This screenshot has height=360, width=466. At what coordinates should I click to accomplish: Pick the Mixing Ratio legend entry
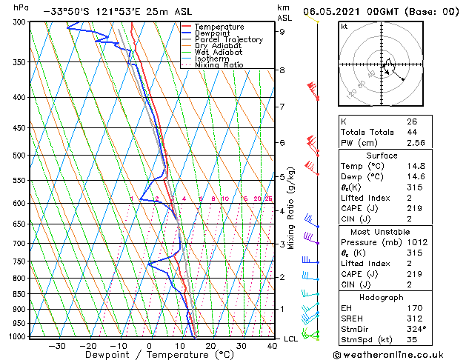(x=219, y=65)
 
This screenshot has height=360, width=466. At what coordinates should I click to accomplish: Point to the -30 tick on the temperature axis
(x=57, y=345)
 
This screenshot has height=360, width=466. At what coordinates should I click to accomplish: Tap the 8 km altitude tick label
(x=282, y=70)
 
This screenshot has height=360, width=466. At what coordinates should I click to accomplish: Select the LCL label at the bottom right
(x=291, y=339)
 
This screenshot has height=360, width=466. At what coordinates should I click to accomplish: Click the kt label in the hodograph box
(x=344, y=26)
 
